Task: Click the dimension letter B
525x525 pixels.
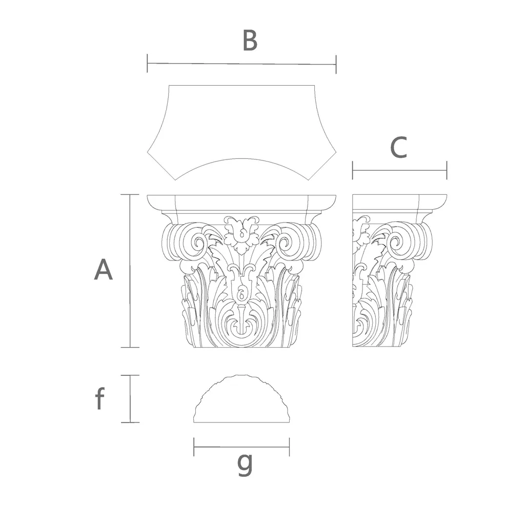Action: tap(250, 41)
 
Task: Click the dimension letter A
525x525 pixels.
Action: tap(103, 270)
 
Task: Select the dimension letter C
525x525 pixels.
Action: tap(399, 147)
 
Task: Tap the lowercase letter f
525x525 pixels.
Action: tap(100, 398)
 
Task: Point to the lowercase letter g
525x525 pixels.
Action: tap(245, 465)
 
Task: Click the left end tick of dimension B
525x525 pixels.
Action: tap(147, 63)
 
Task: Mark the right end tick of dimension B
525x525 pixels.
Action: tap(336, 64)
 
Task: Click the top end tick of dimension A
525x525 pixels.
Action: tap(130, 194)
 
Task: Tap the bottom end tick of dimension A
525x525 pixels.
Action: tap(130, 347)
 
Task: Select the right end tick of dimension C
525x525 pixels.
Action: tap(447, 170)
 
